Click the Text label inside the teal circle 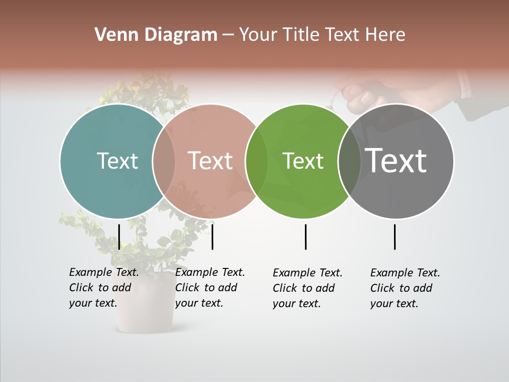tap(117, 161)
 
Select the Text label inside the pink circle tap(210, 161)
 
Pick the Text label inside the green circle tap(303, 161)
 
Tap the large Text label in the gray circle tap(396, 161)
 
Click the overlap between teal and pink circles tap(164, 161)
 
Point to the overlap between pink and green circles tap(257, 161)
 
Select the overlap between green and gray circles tap(349, 161)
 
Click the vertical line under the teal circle tap(119, 237)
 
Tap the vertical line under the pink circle tap(212, 237)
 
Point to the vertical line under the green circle tap(306, 237)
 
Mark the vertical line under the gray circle tap(395, 237)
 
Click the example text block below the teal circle tap(104, 288)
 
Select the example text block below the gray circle tap(405, 288)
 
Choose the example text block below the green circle tap(308, 288)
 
